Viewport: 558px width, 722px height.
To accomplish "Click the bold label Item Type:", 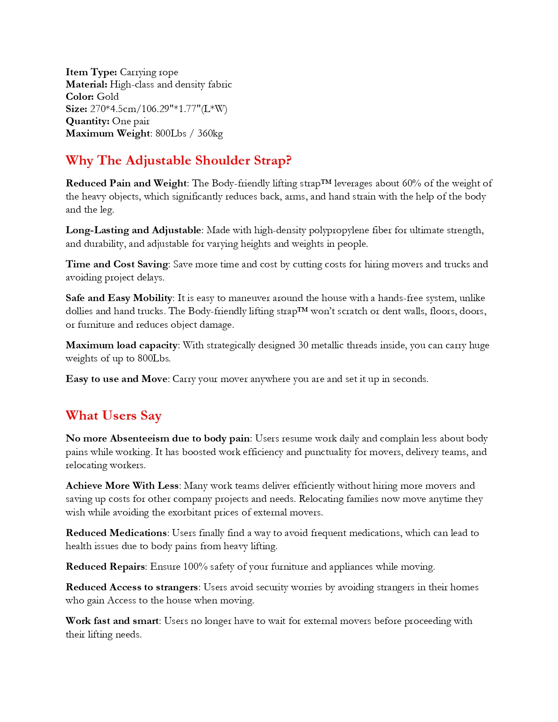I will [91, 72].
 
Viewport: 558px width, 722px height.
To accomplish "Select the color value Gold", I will [108, 97].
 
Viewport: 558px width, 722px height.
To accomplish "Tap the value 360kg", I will [210, 133].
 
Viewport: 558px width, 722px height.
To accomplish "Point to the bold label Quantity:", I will [88, 121].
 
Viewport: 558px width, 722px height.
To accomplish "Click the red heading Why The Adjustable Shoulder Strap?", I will [179, 161].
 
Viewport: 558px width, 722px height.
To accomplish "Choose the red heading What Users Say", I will [114, 416].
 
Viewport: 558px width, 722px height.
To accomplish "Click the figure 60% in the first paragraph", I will [411, 183].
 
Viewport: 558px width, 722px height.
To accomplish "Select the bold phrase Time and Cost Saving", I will [117, 264].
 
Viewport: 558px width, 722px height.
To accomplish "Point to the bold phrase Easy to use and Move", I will [116, 379].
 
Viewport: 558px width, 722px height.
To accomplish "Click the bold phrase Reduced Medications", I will [116, 533].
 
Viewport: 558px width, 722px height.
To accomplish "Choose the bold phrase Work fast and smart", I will [112, 621].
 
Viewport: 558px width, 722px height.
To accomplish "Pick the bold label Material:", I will [86, 84].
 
